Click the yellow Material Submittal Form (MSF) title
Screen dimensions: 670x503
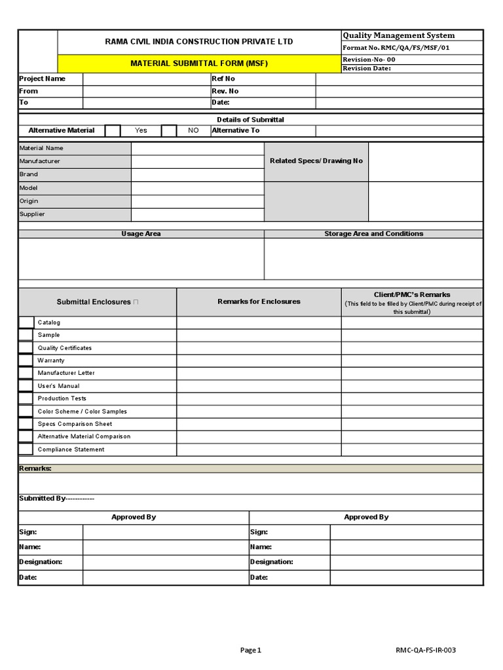coord(198,63)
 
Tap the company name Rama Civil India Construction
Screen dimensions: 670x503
coord(198,42)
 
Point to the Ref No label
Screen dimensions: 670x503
coord(223,79)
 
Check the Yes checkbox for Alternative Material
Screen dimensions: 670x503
coord(113,131)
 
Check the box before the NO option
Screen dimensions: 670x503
coord(169,131)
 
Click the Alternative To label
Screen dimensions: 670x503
coord(236,131)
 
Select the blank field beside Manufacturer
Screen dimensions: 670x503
coord(197,162)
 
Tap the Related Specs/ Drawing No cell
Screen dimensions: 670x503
coord(316,162)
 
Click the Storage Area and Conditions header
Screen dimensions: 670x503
coord(373,234)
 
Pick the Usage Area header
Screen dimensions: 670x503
coord(141,234)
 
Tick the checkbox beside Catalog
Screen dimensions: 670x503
coord(26,323)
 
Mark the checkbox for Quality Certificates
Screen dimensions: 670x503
coord(26,348)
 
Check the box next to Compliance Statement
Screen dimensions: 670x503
coord(26,450)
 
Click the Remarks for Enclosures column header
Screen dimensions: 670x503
coord(259,302)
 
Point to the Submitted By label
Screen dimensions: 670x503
coord(56,499)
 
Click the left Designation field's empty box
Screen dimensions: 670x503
coord(165,562)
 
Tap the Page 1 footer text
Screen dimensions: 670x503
coord(250,650)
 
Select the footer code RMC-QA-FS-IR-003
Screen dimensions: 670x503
coord(425,650)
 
